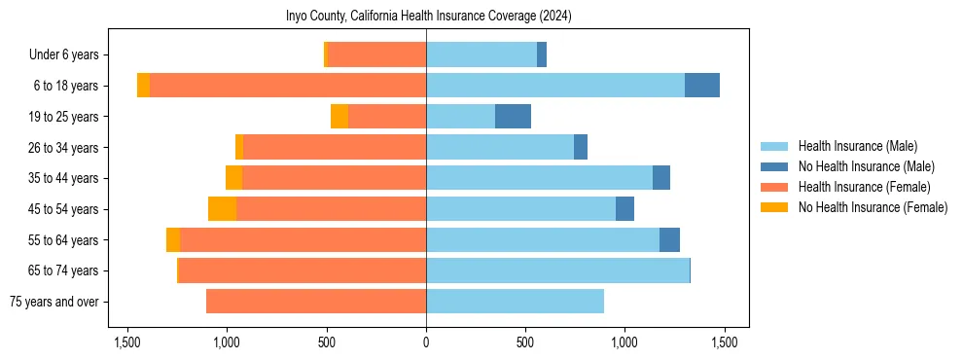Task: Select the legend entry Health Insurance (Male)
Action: click(x=857, y=146)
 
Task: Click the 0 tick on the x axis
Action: click(x=426, y=342)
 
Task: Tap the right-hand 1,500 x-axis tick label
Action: click(x=724, y=342)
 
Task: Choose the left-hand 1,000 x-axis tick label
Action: click(x=227, y=342)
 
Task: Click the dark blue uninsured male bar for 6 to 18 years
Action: click(x=702, y=86)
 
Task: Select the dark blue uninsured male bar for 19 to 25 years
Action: click(x=513, y=117)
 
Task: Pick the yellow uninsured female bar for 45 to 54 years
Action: click(x=222, y=209)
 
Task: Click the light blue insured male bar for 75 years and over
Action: click(x=515, y=302)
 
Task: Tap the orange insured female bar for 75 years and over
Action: click(x=316, y=302)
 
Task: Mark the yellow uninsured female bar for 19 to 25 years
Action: click(x=339, y=117)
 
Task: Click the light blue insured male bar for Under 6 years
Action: click(x=481, y=54)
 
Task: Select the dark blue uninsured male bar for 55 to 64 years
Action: click(x=669, y=240)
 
